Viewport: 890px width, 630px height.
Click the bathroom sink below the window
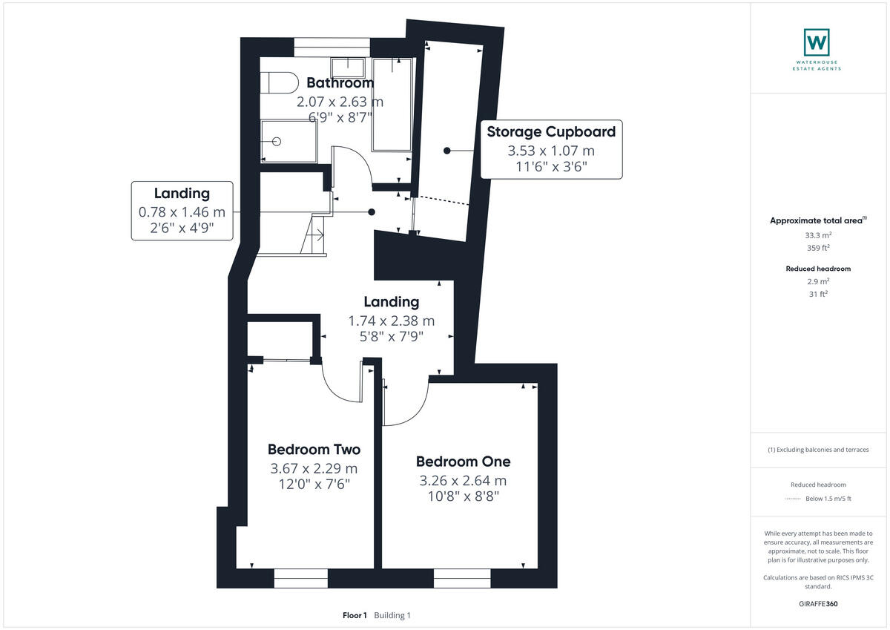pyautogui.click(x=347, y=67)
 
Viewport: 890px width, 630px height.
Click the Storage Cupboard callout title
pyautogui.click(x=551, y=132)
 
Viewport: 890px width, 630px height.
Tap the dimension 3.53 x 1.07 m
pyautogui.click(x=551, y=151)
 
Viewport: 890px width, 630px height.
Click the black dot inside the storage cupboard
pyautogui.click(x=447, y=151)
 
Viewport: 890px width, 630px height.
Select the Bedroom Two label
pyautogui.click(x=314, y=450)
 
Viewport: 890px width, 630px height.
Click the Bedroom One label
pyautogui.click(x=463, y=462)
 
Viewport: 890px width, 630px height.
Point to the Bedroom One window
pyautogui.click(x=462, y=578)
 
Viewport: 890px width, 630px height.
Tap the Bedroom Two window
pyautogui.click(x=300, y=578)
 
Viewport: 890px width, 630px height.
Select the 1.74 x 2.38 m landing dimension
pyautogui.click(x=392, y=321)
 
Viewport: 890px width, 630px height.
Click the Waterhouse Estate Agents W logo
pyautogui.click(x=817, y=42)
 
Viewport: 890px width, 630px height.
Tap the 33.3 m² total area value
pyautogui.click(x=818, y=235)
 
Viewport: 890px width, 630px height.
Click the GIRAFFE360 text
pyautogui.click(x=819, y=604)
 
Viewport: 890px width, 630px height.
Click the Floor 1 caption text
pyautogui.click(x=355, y=615)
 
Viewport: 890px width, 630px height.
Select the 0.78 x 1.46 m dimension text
pyautogui.click(x=182, y=212)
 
